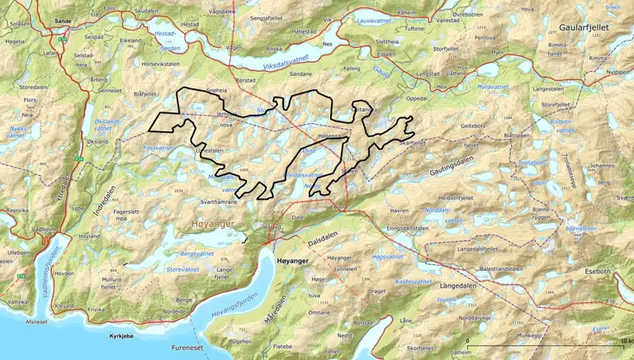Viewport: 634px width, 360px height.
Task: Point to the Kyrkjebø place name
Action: [126, 337]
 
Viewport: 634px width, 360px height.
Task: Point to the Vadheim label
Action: [43, 229]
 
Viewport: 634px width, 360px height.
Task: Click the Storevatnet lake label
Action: [184, 268]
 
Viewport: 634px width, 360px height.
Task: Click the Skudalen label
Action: [145, 12]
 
